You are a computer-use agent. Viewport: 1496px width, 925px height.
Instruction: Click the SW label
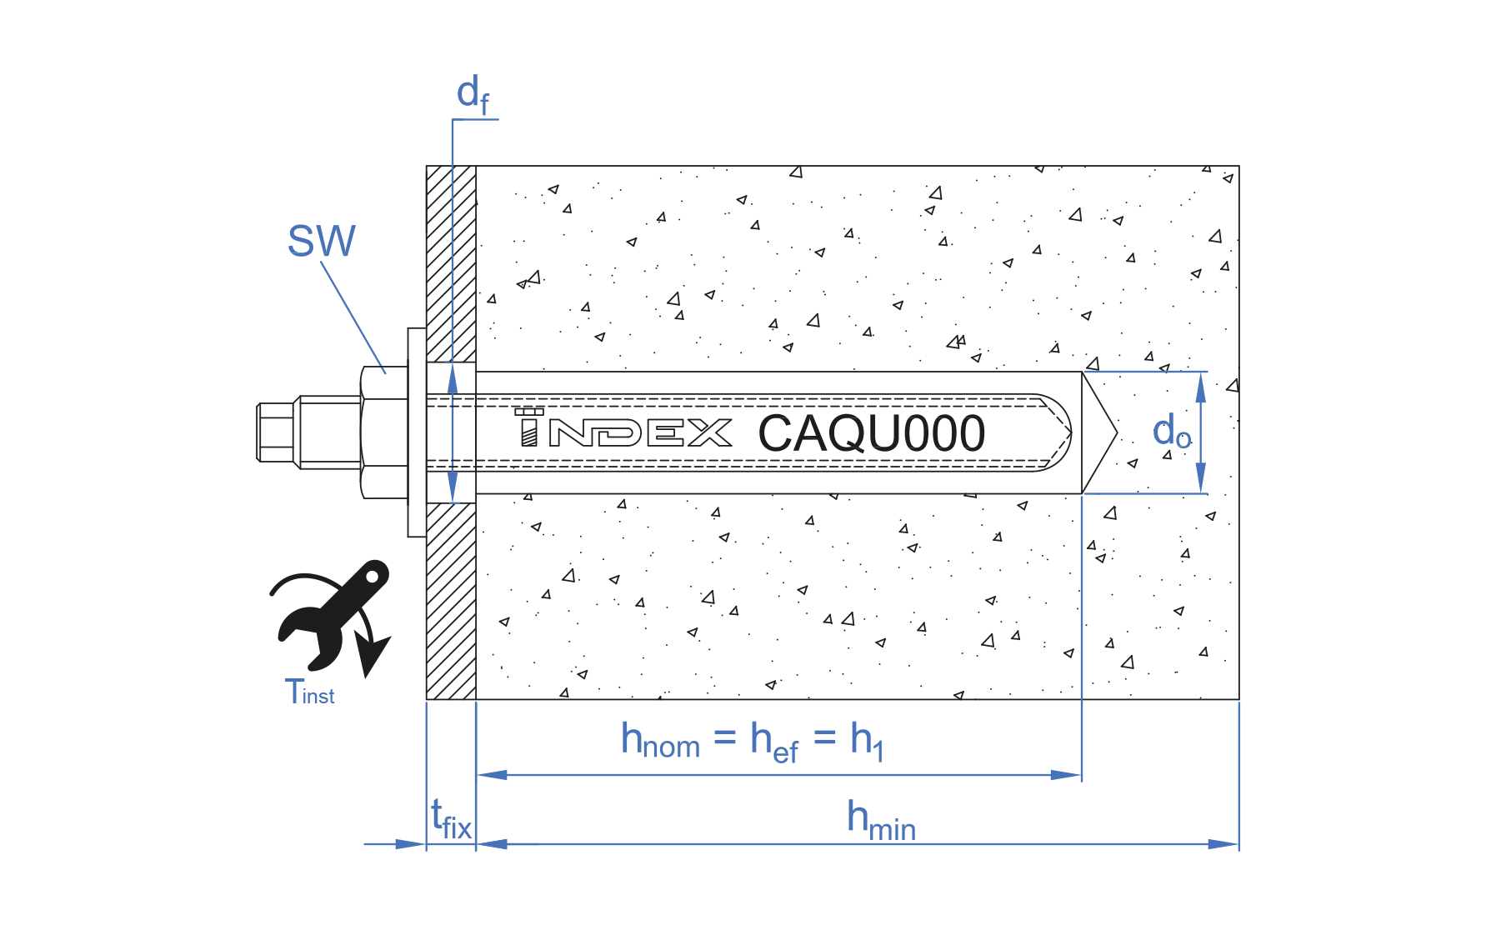pos(321,241)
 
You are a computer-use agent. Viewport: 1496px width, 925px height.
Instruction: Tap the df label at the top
pos(473,93)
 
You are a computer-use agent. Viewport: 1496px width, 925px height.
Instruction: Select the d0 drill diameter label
pos(1171,432)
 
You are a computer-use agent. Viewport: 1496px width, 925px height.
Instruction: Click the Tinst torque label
pos(309,692)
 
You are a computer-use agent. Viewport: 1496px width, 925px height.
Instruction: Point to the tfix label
pos(451,820)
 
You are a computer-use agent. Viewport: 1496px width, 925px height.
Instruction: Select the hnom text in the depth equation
pos(660,740)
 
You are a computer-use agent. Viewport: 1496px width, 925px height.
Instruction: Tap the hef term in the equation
pos(773,742)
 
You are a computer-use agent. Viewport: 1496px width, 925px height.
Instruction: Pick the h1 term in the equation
pos(866,741)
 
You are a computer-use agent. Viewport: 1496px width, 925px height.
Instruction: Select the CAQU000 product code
pos(871,433)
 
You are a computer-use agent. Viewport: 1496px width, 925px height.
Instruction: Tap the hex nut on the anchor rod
pos(384,432)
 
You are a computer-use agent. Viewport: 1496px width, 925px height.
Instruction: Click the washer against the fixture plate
pos(417,432)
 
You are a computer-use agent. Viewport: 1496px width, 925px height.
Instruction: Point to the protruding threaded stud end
pos(276,432)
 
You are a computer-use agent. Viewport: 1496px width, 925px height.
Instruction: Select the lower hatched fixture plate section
pos(451,600)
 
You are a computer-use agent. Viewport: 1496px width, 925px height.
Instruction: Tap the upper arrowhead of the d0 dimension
pos(1201,387)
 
